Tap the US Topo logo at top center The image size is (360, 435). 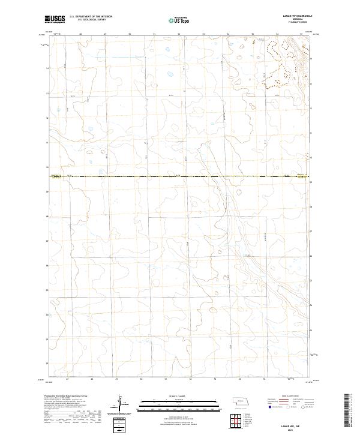(173, 20)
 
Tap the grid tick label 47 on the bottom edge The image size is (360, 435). (67, 379)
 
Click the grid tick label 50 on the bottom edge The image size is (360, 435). (141, 379)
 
